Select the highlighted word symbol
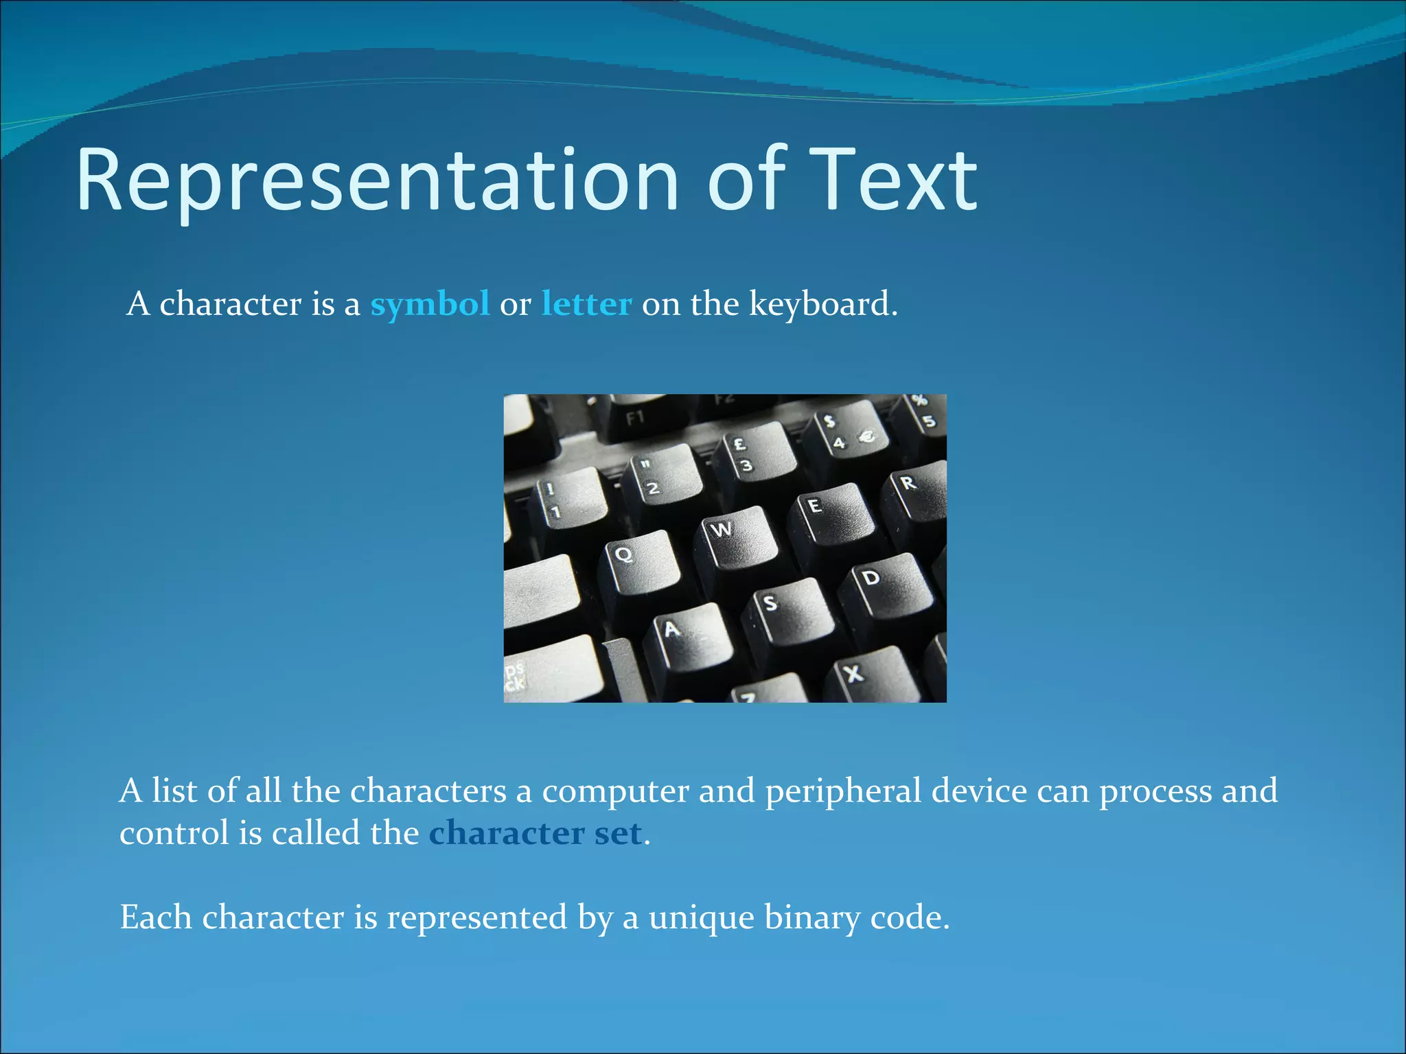click(430, 303)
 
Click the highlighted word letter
click(586, 303)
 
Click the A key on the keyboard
click(687, 635)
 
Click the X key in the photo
click(868, 676)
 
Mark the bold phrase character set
click(535, 833)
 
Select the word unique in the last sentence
click(701, 917)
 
